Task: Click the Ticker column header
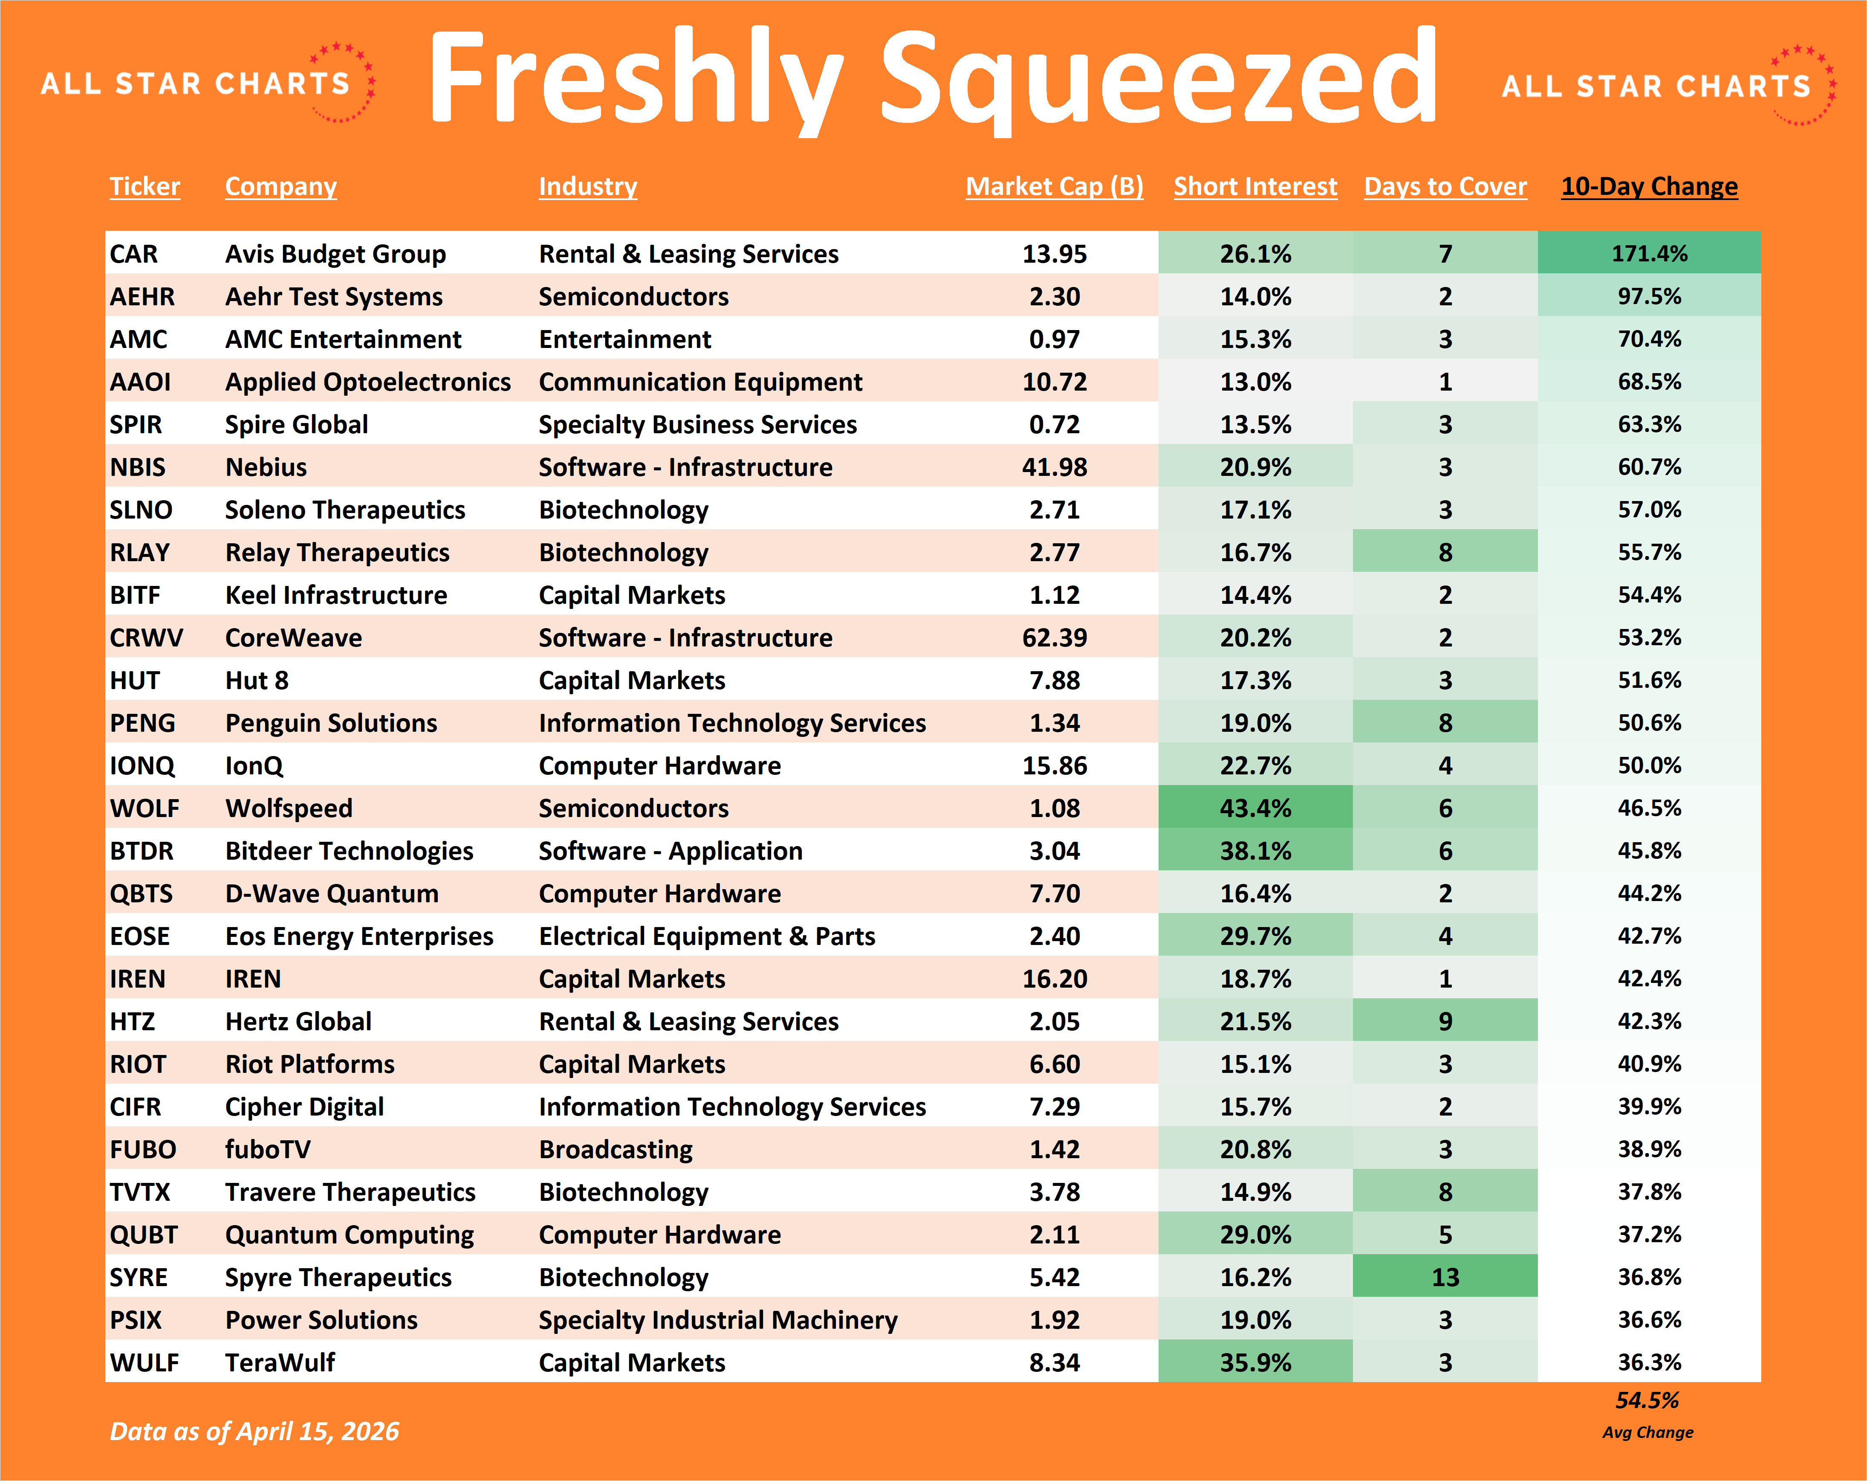pos(145,186)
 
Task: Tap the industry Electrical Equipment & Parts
pos(707,936)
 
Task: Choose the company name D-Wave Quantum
pos(332,894)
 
